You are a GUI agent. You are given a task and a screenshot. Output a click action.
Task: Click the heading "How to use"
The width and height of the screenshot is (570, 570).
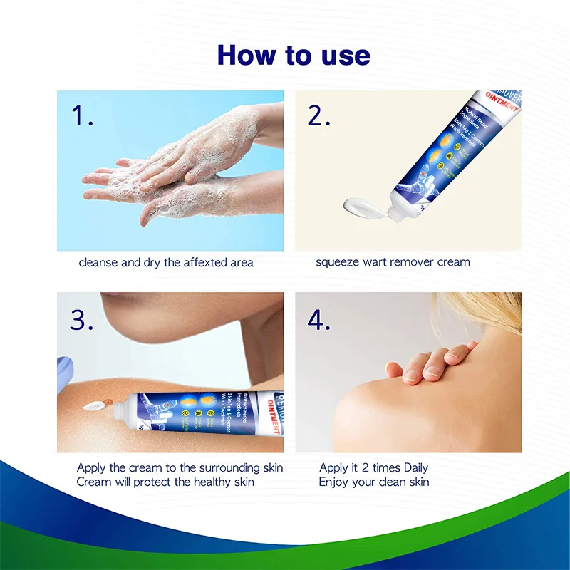[294, 56]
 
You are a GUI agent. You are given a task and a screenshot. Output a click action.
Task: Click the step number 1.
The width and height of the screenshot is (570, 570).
[82, 115]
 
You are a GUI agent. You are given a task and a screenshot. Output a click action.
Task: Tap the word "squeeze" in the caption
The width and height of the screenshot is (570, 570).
[338, 262]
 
